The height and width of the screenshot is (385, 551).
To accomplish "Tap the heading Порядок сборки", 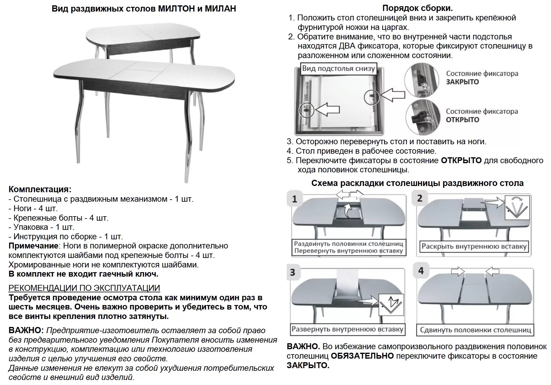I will click(x=417, y=8).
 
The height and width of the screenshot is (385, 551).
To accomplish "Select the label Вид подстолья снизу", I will click(x=338, y=69).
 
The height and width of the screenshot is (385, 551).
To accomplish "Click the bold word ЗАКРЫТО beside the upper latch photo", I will click(x=462, y=82).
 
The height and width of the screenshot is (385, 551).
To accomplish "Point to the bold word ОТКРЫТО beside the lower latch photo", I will click(x=462, y=120).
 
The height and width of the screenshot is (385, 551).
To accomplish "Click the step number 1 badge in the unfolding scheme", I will click(x=294, y=199).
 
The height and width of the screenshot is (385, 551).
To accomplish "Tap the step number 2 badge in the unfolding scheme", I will click(x=420, y=198).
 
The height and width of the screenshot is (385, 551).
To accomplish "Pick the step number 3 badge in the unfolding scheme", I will click(x=293, y=272).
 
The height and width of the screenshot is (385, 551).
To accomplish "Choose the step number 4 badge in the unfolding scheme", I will click(x=421, y=271).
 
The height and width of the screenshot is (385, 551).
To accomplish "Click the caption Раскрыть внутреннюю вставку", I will click(x=474, y=246).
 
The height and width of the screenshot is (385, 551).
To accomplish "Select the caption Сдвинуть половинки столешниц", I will click(x=475, y=330).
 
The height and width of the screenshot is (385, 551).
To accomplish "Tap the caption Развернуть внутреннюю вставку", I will click(x=347, y=329).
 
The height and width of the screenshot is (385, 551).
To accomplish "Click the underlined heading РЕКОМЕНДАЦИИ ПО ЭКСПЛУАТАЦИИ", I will click(x=84, y=288).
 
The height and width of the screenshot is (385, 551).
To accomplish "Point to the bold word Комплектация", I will click(x=40, y=190).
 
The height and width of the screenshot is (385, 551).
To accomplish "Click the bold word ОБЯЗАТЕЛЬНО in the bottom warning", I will click(x=362, y=356).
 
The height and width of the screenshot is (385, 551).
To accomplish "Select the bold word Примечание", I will click(x=33, y=246).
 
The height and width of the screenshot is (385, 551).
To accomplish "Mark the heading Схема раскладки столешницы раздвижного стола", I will click(x=417, y=183).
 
